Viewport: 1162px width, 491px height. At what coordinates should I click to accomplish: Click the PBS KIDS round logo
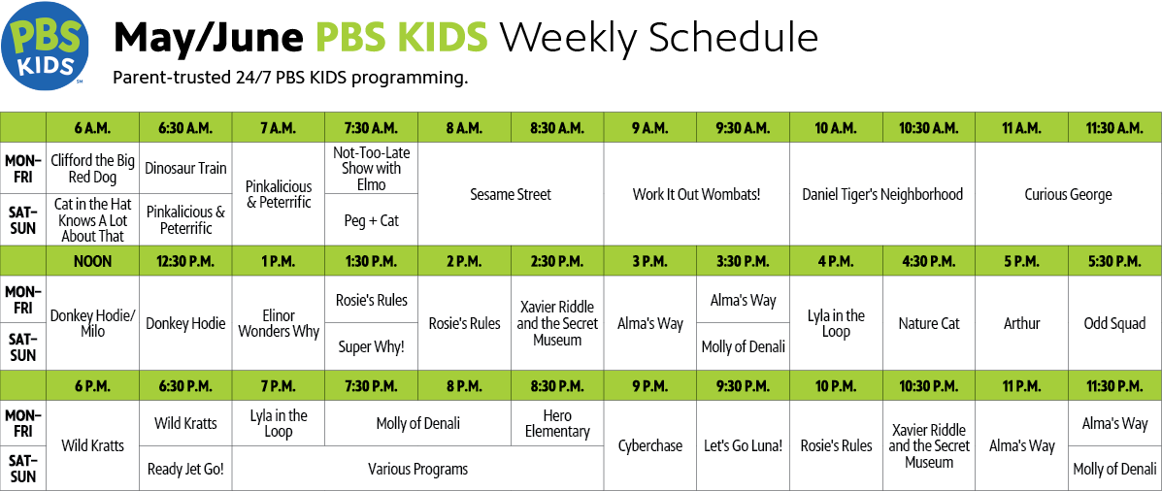click(46, 46)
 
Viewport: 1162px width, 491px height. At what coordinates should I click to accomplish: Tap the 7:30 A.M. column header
click(371, 127)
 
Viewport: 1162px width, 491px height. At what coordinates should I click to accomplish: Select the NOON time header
click(92, 261)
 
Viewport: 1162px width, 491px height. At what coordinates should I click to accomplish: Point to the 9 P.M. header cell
click(650, 386)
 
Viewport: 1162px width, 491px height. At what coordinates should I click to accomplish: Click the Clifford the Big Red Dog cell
click(92, 168)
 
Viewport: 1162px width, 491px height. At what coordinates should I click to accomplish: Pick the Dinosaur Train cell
click(185, 168)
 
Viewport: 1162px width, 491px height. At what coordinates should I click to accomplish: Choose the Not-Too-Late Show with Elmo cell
click(371, 168)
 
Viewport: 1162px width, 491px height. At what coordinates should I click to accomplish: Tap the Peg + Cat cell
click(371, 220)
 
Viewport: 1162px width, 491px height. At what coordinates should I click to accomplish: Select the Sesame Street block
click(512, 194)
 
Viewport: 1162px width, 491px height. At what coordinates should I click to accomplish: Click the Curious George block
click(1069, 194)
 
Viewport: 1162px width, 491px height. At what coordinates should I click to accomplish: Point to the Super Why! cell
click(371, 346)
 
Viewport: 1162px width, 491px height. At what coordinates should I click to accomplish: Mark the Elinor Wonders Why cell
click(279, 324)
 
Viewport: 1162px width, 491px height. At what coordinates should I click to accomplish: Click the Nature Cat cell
click(929, 324)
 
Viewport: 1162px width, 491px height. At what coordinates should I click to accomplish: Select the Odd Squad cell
click(1114, 324)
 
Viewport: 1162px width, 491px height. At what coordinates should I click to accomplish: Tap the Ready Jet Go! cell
click(185, 468)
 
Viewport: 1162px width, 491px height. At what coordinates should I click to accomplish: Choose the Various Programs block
click(418, 468)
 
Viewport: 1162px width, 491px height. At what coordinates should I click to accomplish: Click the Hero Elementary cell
click(557, 424)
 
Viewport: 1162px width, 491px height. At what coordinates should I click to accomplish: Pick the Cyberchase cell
click(650, 445)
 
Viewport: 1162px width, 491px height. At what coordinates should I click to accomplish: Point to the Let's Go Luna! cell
click(744, 445)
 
